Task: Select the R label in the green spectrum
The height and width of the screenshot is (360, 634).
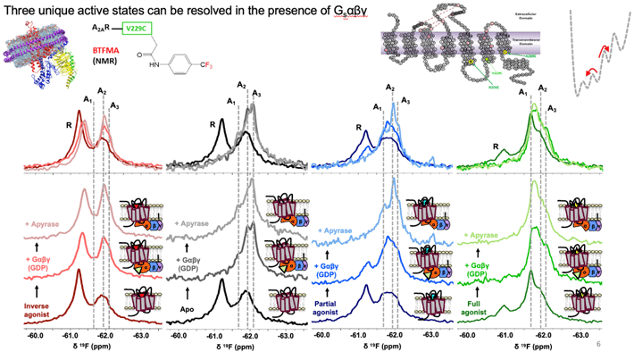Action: click(496, 144)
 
